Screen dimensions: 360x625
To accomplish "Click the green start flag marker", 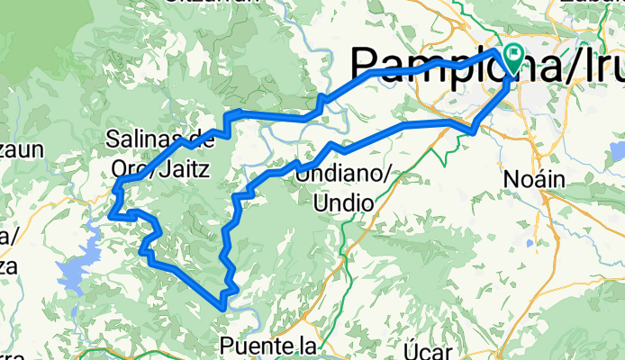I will point(514,57).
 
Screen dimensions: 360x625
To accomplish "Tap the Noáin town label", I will point(539,180).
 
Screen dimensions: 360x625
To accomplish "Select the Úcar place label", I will point(425,346).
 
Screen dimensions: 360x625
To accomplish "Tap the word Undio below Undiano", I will point(343,203).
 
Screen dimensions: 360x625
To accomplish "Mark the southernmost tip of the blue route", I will point(222,308).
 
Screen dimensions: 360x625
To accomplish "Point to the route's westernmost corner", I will point(109,216).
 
